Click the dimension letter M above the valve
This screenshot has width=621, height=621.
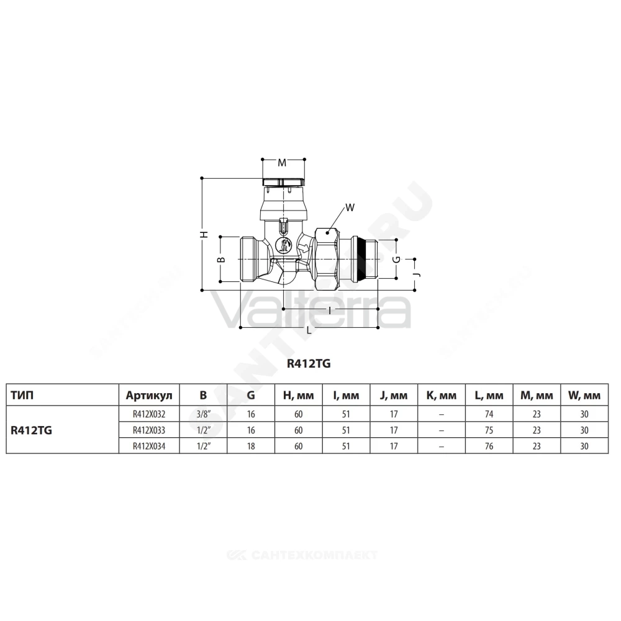(x=282, y=163)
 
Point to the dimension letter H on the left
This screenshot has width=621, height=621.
(x=204, y=234)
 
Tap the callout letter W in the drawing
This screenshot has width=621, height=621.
(x=350, y=207)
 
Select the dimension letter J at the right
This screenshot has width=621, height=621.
(x=416, y=274)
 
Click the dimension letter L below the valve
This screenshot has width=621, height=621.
(x=309, y=330)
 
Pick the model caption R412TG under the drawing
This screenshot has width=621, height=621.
(x=309, y=363)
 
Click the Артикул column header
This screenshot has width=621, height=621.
(x=149, y=395)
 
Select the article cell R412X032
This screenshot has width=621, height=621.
(x=149, y=414)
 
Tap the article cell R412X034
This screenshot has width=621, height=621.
(x=149, y=446)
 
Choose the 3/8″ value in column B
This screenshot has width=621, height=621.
(x=203, y=414)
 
